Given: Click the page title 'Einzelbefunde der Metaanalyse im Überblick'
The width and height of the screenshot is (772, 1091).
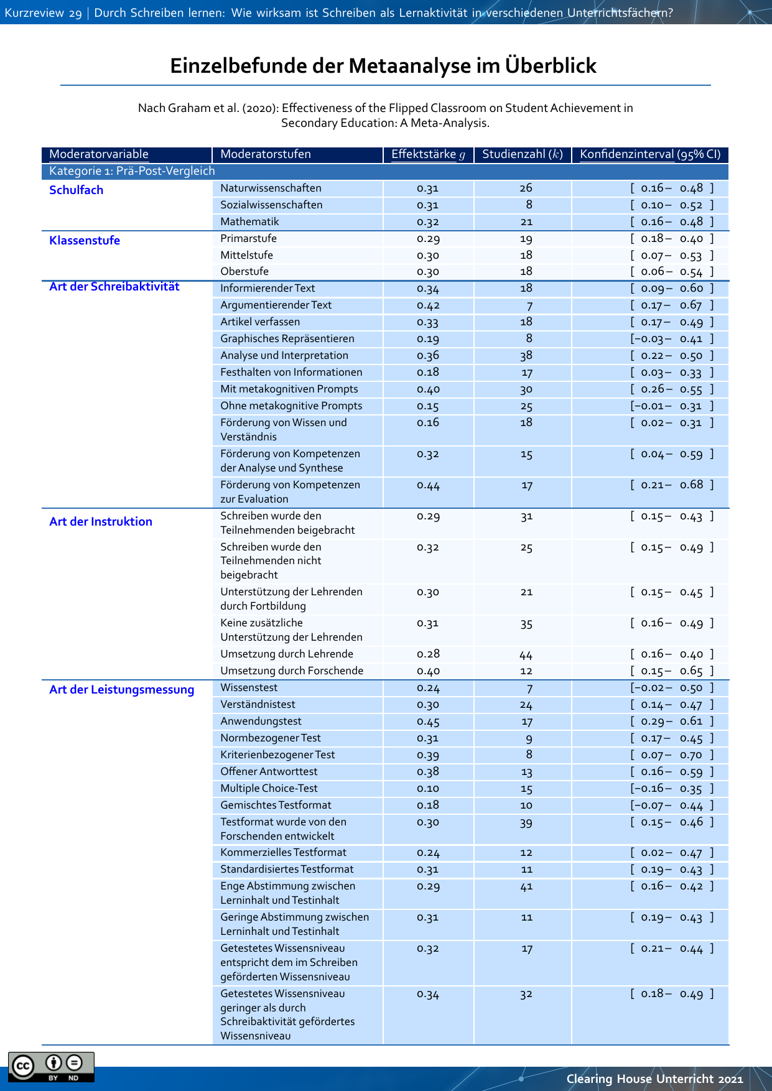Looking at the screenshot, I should pos(383,66).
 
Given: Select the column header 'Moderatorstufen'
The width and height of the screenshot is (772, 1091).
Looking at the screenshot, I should pos(266,154).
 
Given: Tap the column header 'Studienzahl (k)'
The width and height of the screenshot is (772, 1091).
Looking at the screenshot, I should pos(523,154).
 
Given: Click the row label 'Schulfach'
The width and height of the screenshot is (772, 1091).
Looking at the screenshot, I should pos(77,190).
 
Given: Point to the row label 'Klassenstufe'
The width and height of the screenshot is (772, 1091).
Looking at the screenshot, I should pos(85,241).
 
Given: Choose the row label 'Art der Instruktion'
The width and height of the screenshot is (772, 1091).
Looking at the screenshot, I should pos(101,522).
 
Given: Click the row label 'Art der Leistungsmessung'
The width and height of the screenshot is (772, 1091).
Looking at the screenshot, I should pos(122,690).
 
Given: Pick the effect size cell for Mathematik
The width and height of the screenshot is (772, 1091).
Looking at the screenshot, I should pos(428,222).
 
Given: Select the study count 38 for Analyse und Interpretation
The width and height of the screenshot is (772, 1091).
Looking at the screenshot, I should pos(526,356).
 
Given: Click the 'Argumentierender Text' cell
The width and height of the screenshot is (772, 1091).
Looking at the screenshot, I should pos(276,305).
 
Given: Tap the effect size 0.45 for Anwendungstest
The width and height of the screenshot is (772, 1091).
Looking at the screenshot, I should pos(428,722).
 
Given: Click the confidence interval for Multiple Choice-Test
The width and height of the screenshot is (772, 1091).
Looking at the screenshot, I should pos(672,789).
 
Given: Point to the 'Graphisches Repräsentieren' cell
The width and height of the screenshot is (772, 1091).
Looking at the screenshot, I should pos(287,339).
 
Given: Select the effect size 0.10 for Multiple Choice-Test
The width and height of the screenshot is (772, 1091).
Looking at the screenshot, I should pos(428,789).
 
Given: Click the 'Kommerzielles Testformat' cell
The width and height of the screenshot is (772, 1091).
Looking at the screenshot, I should pos(284,853).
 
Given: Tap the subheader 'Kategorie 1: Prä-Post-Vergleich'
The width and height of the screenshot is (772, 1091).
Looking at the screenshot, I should pos(132,171).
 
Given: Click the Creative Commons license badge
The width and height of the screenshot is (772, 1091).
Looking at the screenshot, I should pos(51,1067).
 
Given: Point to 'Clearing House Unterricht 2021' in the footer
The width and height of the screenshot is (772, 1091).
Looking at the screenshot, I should pos(654,1079).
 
